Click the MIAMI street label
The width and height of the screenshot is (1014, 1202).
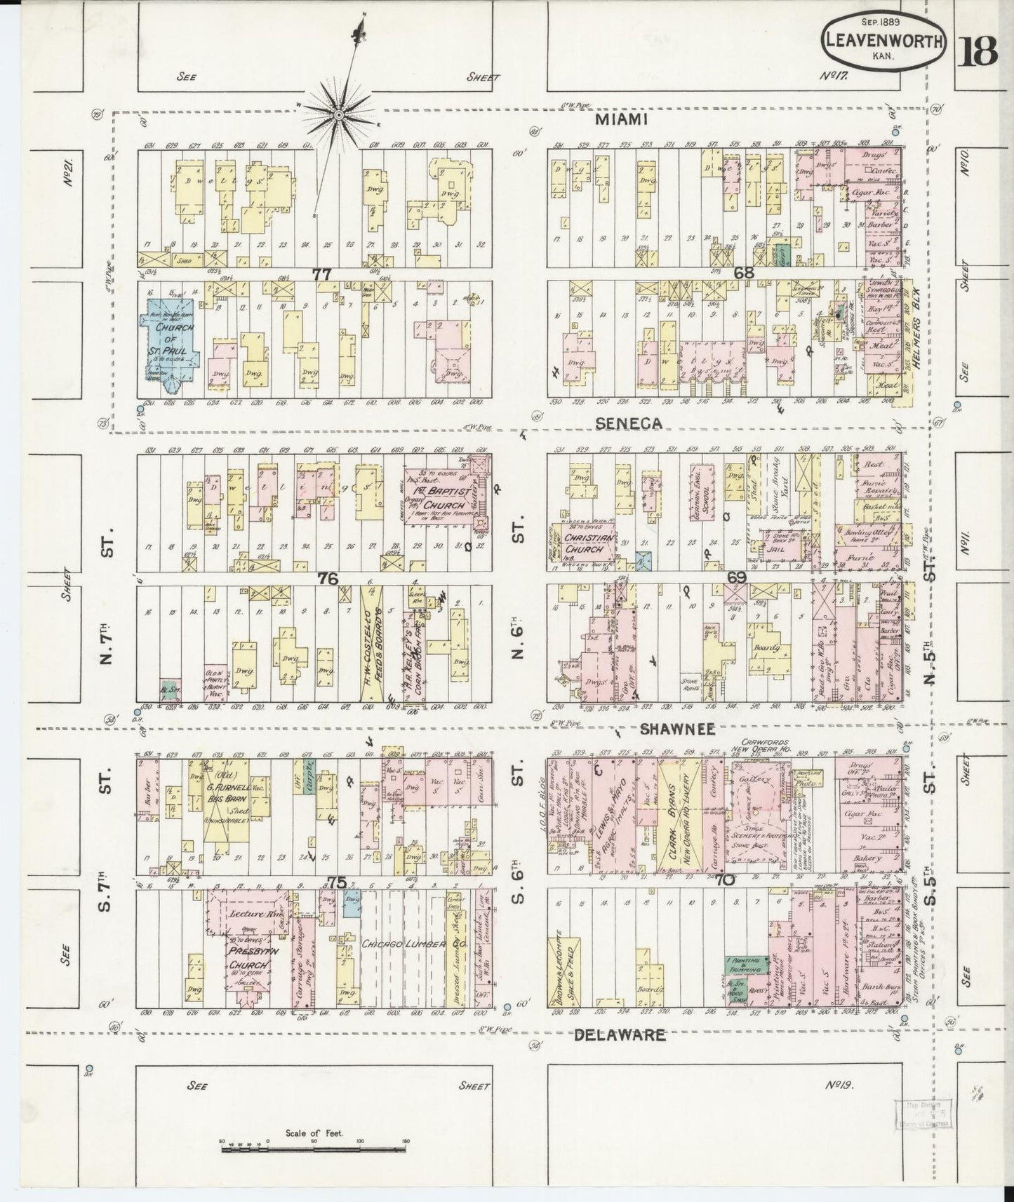[620, 120]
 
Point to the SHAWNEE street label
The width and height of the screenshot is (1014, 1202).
[678, 729]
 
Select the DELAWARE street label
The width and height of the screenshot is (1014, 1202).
[620, 1034]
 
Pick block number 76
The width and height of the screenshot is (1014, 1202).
[328, 579]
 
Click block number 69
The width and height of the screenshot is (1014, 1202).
[736, 578]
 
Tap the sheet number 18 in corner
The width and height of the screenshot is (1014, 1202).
[980, 50]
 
